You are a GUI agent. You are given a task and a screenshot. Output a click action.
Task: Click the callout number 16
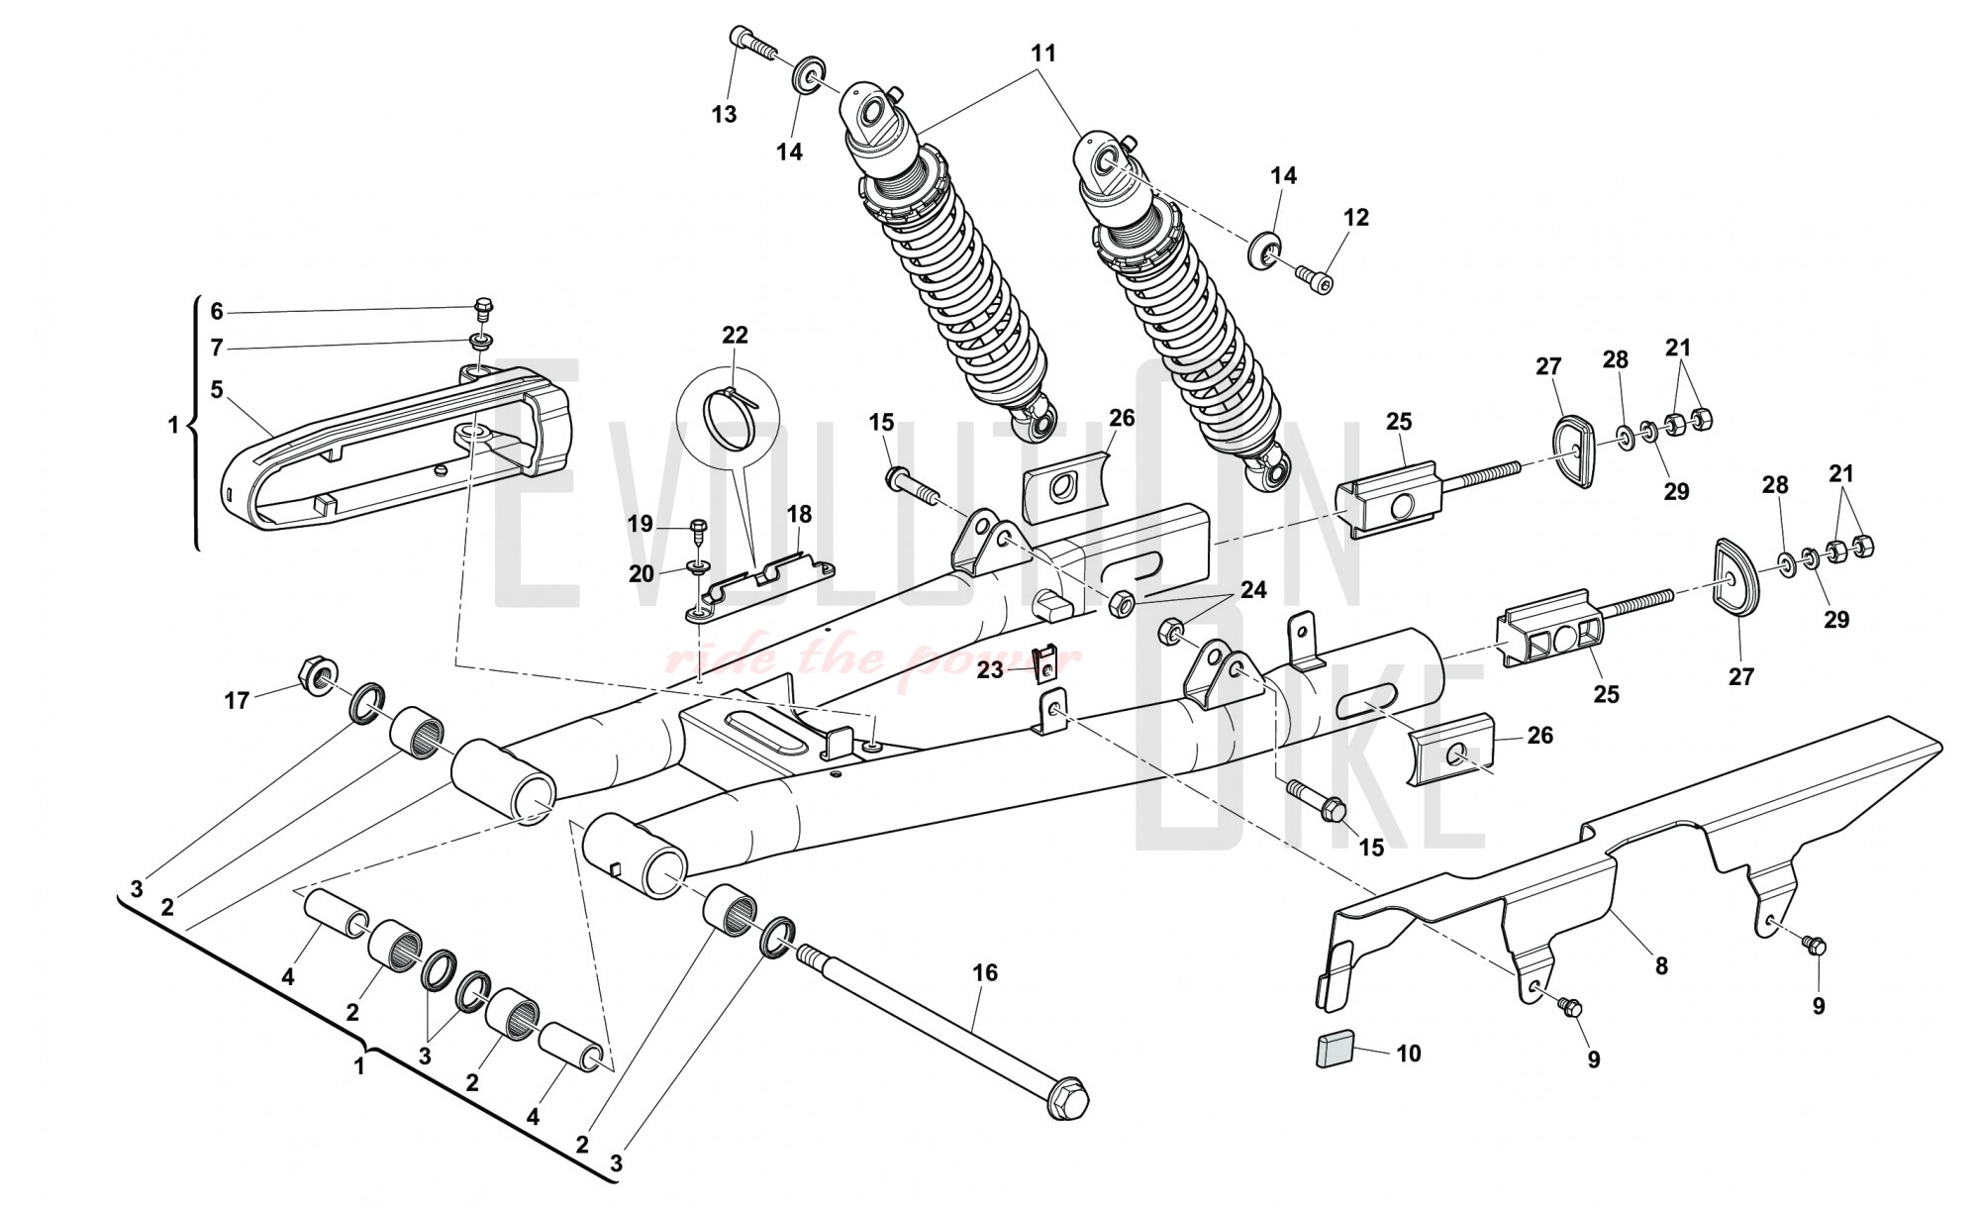coord(985,973)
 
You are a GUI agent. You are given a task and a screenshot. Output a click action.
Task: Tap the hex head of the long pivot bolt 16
coord(1067,1101)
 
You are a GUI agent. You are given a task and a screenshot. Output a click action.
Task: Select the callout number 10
coord(1408,1054)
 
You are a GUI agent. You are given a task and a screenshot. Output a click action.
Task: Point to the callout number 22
coord(735,336)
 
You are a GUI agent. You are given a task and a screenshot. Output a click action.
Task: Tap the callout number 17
coord(237,701)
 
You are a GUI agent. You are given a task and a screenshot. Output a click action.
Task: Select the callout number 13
coord(725,114)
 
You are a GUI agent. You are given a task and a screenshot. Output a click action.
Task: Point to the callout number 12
coord(1356,217)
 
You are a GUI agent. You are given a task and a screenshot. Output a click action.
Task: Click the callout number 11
coord(1043,52)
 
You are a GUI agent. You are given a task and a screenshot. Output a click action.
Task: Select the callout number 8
coord(1661,965)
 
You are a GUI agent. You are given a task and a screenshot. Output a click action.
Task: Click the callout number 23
coord(990,670)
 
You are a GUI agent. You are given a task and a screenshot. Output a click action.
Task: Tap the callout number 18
coord(799,514)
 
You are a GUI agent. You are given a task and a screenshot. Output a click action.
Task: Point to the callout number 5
coord(217,389)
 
